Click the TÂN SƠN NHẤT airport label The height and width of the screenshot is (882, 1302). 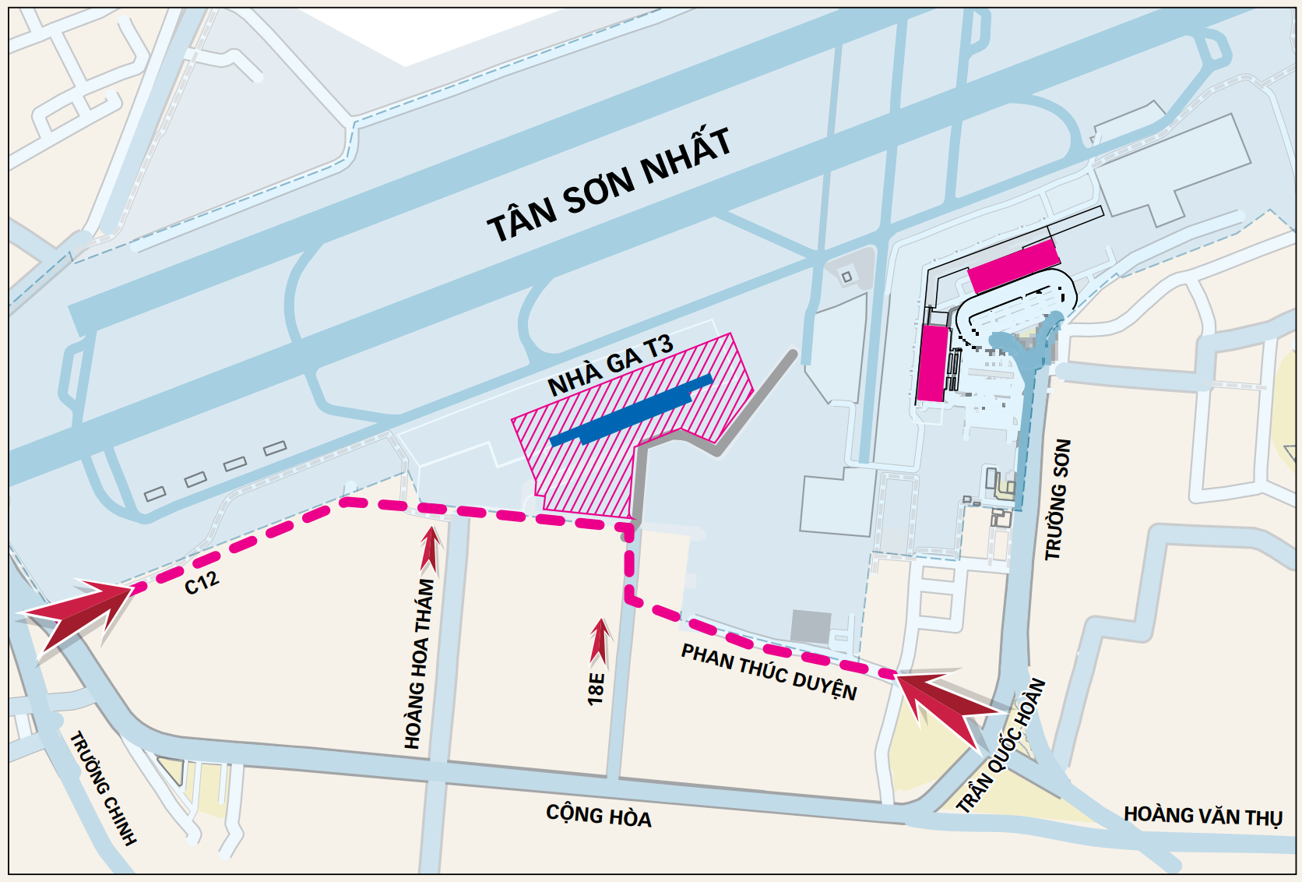coord(609,185)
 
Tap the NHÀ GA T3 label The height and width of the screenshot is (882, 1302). coord(610,365)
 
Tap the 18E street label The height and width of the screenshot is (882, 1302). coord(596,690)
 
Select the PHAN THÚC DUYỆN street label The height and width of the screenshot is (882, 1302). coord(769,672)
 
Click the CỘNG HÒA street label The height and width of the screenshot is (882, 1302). coord(598,816)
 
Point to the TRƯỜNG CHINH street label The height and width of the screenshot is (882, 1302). coord(104,788)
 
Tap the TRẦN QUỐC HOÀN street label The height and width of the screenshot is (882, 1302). coord(1001,746)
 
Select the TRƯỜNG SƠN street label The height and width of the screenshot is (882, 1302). coord(1057,499)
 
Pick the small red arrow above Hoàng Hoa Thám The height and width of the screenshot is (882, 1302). coord(429,549)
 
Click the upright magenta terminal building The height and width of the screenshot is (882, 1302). coord(931,363)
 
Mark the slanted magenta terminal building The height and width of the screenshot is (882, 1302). coord(1013,266)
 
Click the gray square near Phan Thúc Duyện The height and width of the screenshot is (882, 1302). coord(811,626)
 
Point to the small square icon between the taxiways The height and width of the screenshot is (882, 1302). coord(846,277)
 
